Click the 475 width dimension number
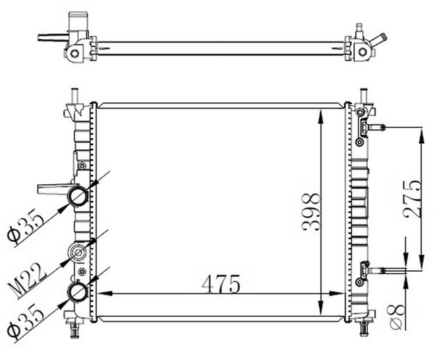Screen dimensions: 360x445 pyautogui.click(x=221, y=284)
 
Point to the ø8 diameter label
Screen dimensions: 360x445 pyautogui.click(x=394, y=316)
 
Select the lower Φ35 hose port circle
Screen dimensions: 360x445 pyautogui.click(x=76, y=293)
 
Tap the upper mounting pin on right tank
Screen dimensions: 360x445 pyautogui.click(x=375, y=128)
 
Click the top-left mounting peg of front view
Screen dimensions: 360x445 pyautogui.click(x=74, y=95)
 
